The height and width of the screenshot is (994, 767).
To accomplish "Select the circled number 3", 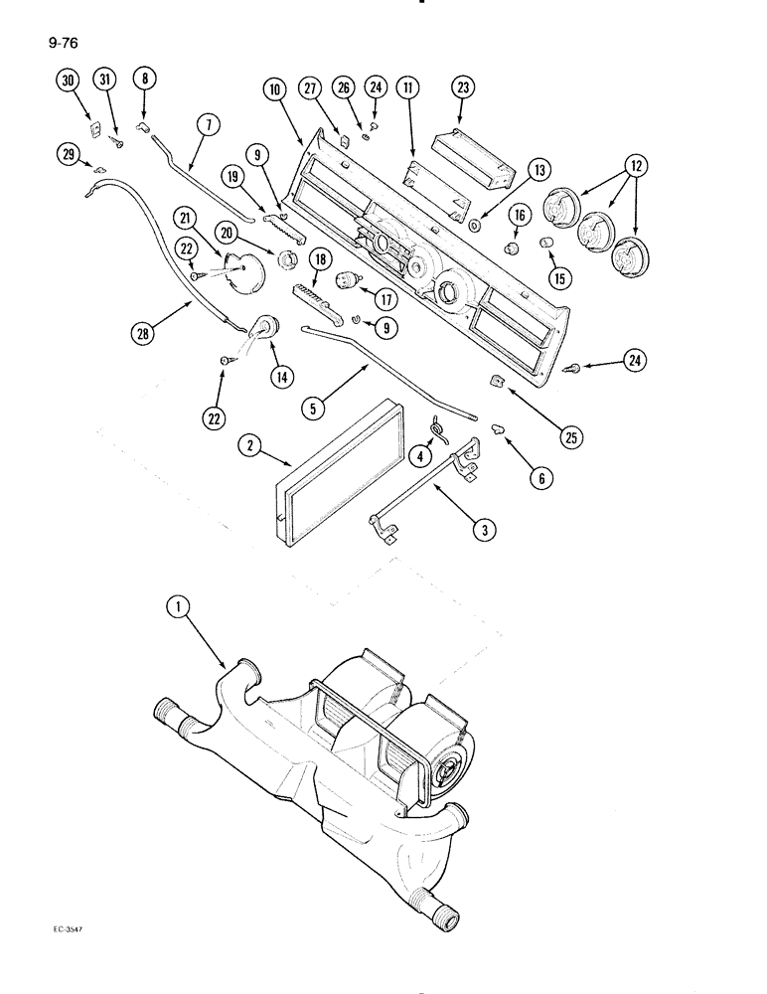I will coord(483,532).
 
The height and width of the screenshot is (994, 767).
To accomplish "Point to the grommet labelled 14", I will coord(267,326).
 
